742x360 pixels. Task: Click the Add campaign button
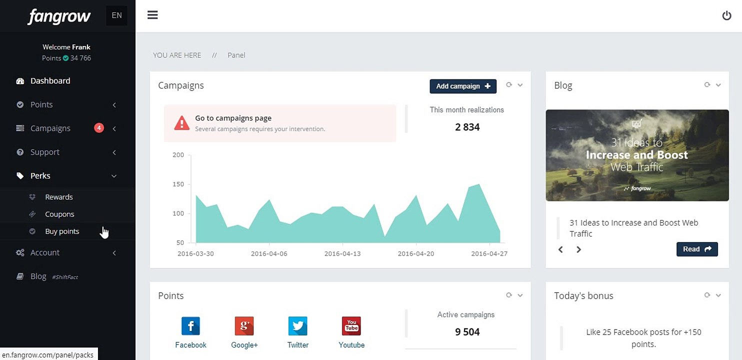pyautogui.click(x=463, y=86)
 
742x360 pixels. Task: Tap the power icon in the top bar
pyautogui.click(x=726, y=15)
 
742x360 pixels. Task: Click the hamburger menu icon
pyautogui.click(x=152, y=15)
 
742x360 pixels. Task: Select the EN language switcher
pyautogui.click(x=116, y=15)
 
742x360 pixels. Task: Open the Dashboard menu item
pyautogui.click(x=50, y=81)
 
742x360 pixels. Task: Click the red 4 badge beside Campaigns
pyautogui.click(x=98, y=128)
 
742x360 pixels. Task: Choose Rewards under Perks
pyautogui.click(x=58, y=197)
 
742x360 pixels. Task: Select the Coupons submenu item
pyautogui.click(x=59, y=214)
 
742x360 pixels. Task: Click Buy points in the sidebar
pyautogui.click(x=62, y=231)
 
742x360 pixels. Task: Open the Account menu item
pyautogui.click(x=44, y=252)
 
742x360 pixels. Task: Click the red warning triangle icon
pyautogui.click(x=181, y=123)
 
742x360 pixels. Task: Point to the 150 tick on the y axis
pyautogui.click(x=178, y=184)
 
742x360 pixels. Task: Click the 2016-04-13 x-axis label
pyautogui.click(x=342, y=253)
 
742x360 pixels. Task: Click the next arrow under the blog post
pyautogui.click(x=578, y=249)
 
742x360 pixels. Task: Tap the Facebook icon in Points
pyautogui.click(x=191, y=326)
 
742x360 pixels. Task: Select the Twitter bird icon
pyautogui.click(x=298, y=326)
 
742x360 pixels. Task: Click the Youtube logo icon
pyautogui.click(x=351, y=326)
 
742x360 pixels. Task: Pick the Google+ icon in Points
pyautogui.click(x=244, y=326)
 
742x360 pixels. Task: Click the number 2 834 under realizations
pyautogui.click(x=467, y=127)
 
